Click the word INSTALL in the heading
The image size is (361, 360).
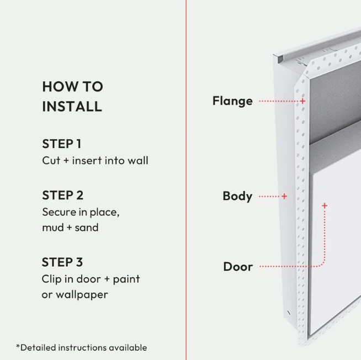(x=72, y=107)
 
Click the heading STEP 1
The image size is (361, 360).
(x=62, y=144)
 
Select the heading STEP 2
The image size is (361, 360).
(x=62, y=195)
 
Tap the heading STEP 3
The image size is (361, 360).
(x=62, y=262)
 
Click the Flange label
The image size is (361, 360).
(x=232, y=101)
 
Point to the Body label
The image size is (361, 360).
(x=237, y=196)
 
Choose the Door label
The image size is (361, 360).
(x=238, y=267)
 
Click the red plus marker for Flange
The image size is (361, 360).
(x=302, y=101)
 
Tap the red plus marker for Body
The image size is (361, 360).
(x=284, y=196)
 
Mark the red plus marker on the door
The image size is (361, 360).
(x=325, y=205)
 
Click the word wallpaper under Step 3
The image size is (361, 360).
(x=82, y=295)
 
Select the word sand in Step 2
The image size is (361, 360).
(x=87, y=227)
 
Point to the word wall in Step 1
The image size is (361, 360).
(x=138, y=161)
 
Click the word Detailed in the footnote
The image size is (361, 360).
(x=38, y=347)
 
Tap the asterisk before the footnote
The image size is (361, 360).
(x=18, y=346)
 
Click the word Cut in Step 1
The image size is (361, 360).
(x=51, y=161)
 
